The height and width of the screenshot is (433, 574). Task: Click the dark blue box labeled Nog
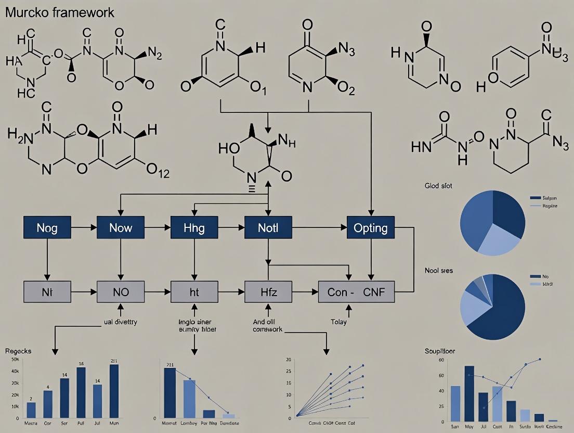(47, 228)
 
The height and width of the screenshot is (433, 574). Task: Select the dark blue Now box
(121, 228)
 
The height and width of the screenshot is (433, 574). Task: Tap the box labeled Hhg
(194, 228)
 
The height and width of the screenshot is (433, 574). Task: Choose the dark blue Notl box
(268, 228)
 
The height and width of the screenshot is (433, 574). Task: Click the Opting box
(371, 228)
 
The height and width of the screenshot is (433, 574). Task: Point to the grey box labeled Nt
(47, 292)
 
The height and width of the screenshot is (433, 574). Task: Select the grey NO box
(121, 292)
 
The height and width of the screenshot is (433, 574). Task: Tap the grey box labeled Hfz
(268, 292)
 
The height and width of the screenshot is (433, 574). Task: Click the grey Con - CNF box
(356, 292)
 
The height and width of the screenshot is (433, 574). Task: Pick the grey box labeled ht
(194, 292)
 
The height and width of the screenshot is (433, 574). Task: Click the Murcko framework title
(60, 13)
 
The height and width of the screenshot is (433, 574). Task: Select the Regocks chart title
(18, 351)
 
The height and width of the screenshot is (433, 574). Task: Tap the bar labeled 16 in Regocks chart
(81, 392)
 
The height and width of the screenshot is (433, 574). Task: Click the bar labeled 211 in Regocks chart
(114, 391)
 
